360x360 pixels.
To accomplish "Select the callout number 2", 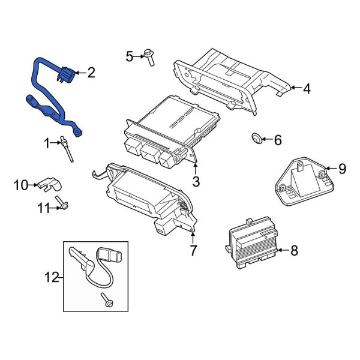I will click(x=91, y=73).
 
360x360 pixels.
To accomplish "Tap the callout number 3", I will click(x=195, y=182).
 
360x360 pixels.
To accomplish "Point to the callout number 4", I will click(x=306, y=89).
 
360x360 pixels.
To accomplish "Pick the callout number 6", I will click(x=277, y=140).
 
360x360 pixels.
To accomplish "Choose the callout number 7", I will click(x=193, y=251).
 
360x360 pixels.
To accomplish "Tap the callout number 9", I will click(x=342, y=169).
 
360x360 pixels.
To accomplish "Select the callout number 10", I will click(x=21, y=185).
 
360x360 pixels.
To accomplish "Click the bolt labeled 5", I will click(x=149, y=57).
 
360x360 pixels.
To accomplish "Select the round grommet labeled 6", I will click(x=257, y=139).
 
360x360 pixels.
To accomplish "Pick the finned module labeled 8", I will click(x=254, y=244).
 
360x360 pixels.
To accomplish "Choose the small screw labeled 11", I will click(x=61, y=204).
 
